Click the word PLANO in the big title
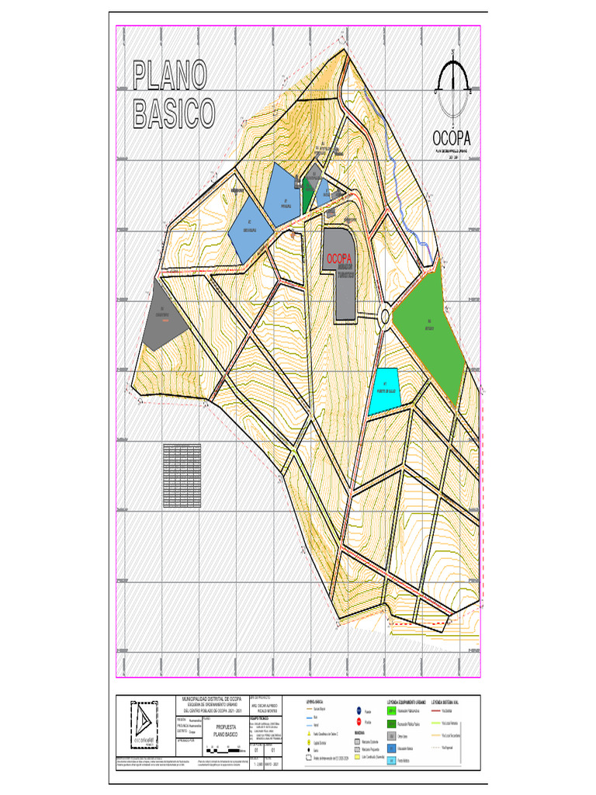tap(170, 76)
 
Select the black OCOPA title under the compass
tap(453, 138)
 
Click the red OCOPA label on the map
tap(339, 258)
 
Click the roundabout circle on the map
tap(385, 315)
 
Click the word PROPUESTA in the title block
tap(224, 726)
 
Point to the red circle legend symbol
tap(359, 721)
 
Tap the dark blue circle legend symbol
tap(359, 710)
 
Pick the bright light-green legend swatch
tap(392, 710)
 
